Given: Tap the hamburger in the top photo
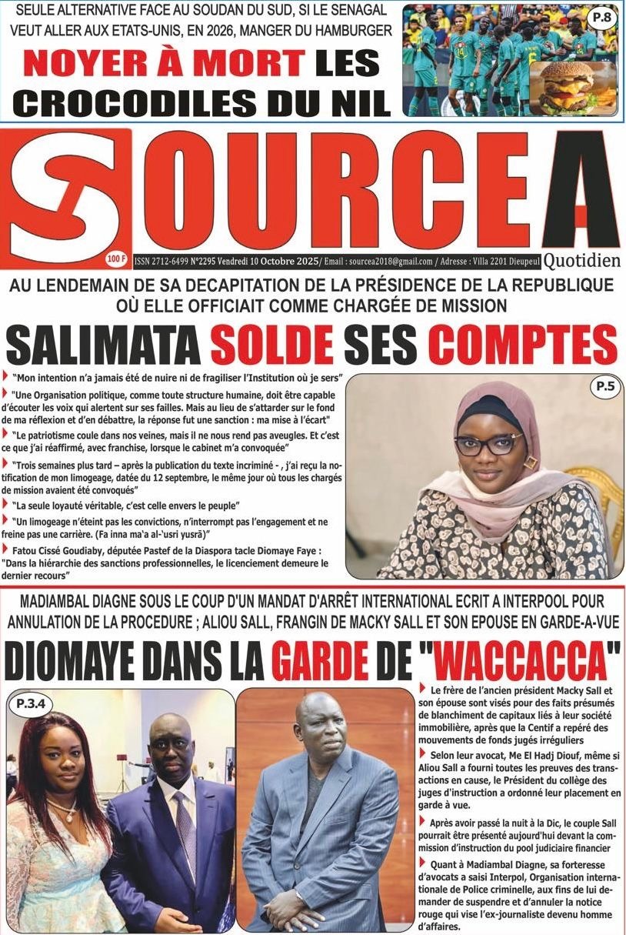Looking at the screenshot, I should [576, 86].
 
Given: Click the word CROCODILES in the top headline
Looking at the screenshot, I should [152, 101].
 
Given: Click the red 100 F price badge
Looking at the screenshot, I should [117, 259].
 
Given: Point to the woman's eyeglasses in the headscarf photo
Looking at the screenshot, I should [487, 445].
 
